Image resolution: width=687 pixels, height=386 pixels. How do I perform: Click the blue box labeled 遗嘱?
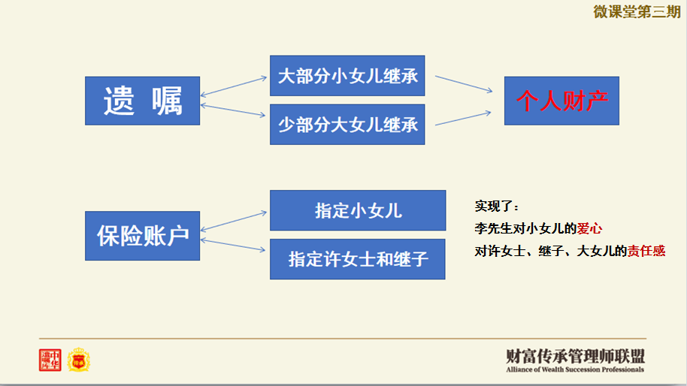(142, 101)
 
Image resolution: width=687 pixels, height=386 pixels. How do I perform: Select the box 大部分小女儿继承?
(347, 76)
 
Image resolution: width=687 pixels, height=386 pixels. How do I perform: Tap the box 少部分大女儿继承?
(347, 124)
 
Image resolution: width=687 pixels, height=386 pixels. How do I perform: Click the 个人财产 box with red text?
(561, 101)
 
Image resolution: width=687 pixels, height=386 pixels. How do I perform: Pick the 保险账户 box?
(142, 236)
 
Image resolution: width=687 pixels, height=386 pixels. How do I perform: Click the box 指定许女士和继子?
(358, 259)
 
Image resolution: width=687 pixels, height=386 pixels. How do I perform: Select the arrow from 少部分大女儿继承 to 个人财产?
(463, 117)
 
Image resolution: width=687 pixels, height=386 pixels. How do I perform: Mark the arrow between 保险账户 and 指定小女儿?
(235, 221)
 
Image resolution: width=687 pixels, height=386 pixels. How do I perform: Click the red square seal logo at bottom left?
(50, 360)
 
